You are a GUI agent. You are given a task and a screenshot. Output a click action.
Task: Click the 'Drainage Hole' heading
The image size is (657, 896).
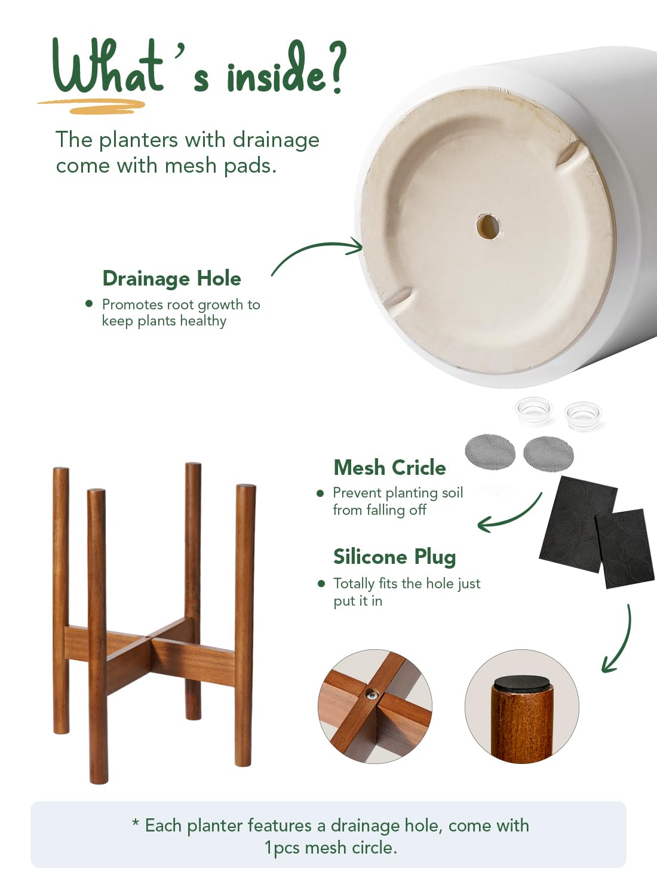172,278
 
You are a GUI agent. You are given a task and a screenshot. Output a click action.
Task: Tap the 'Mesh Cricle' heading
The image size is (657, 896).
390,468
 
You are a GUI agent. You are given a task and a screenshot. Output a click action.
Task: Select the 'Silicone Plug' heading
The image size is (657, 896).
395,557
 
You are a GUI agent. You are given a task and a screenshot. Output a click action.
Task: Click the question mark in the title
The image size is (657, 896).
334,66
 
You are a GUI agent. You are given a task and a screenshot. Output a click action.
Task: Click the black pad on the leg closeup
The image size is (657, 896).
522,682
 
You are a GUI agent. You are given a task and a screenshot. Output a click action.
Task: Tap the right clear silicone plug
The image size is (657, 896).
583,416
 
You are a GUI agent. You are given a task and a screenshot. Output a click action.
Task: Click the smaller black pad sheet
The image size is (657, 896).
625,549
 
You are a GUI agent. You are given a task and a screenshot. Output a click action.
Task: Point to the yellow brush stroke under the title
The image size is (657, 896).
92,106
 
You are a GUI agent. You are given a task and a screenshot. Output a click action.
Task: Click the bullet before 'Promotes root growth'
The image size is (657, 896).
89,304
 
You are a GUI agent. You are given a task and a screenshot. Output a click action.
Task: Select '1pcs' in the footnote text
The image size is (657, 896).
282,848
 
